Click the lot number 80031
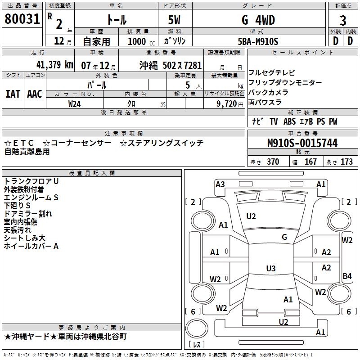(x=22, y=20)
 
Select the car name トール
(x=116, y=20)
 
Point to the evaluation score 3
(x=343, y=21)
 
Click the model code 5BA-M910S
(x=258, y=41)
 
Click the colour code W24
(x=75, y=103)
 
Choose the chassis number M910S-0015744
(x=302, y=144)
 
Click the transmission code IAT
(x=13, y=94)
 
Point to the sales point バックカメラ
(x=268, y=92)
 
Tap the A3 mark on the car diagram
(x=220, y=184)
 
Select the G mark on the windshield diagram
(x=284, y=237)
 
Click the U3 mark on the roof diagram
(x=270, y=269)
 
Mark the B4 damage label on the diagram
(x=347, y=276)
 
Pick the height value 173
(x=346, y=162)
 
